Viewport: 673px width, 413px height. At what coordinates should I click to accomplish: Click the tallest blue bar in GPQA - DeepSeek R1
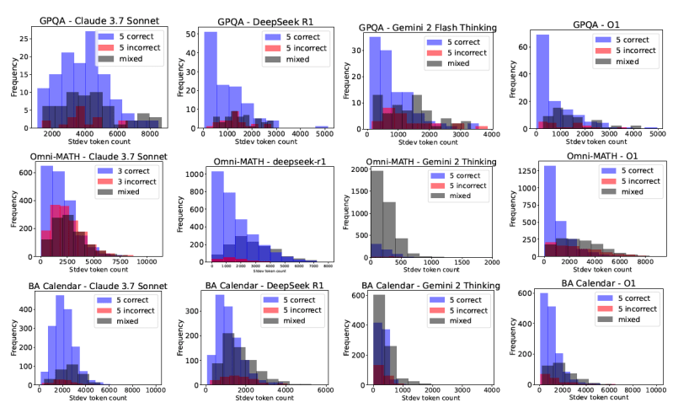click(211, 80)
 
